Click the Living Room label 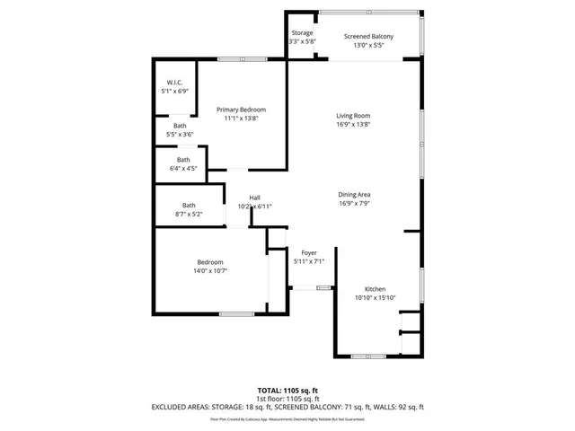[353, 116]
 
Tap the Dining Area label [354, 195]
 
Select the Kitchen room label [375, 290]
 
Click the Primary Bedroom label [241, 110]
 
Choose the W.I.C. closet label [174, 83]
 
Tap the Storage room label [302, 33]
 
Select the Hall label [255, 198]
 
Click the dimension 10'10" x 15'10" [375, 298]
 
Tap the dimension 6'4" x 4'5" [182, 168]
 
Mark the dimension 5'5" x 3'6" [181, 134]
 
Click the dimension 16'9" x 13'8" [353, 124]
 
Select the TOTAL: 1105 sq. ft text [287, 391]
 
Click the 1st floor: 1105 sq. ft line [287, 399]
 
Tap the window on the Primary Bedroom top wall [242, 59]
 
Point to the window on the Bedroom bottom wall [236, 313]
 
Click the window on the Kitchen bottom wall [368, 356]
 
